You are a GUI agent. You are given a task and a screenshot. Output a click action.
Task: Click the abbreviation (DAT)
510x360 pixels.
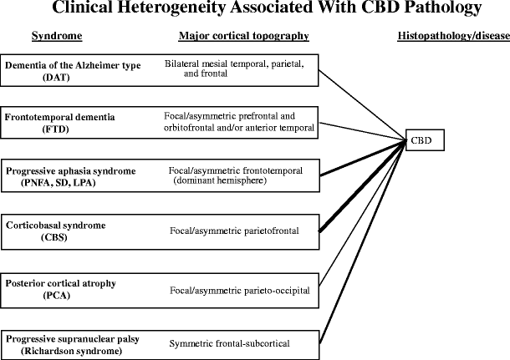point(55,76)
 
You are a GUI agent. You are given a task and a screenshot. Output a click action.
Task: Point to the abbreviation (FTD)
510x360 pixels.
point(55,129)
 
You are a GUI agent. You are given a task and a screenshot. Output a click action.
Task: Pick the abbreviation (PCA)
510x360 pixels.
point(55,295)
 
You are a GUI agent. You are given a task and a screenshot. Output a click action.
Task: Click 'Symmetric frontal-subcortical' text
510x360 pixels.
point(226,343)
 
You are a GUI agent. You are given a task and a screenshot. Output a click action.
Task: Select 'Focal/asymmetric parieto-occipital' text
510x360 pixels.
point(239,290)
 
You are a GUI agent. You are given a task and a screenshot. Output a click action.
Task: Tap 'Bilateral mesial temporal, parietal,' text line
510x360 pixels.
point(233,63)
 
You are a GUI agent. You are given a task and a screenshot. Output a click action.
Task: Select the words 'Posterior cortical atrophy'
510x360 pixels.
point(61,283)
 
